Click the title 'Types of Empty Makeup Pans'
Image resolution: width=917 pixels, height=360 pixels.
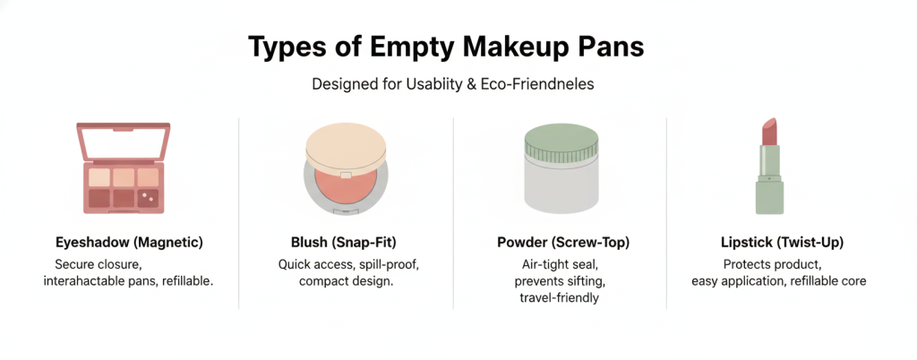pos(458,47)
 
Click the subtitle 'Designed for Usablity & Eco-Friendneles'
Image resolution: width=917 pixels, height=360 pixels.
pos(458,85)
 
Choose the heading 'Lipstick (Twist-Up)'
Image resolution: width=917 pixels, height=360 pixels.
pos(782,243)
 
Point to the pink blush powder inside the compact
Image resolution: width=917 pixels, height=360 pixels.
pos(347,184)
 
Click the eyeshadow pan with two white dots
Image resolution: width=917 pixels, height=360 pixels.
pos(147,196)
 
